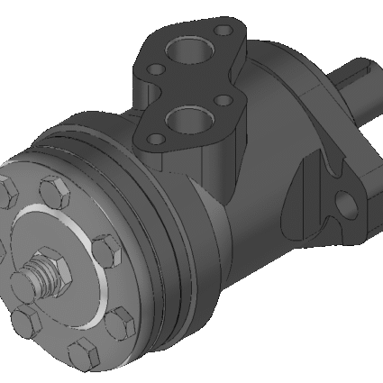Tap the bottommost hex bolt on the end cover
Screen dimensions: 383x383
coord(84,351)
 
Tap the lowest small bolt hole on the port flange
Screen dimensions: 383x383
coord(154,137)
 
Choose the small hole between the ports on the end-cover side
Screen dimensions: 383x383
coord(155,70)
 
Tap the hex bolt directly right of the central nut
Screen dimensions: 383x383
coord(104,248)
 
